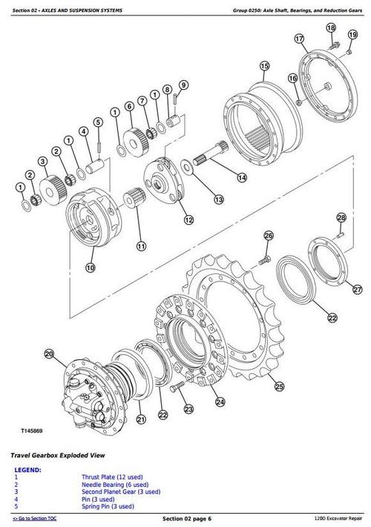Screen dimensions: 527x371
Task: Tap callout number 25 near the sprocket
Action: click(x=278, y=386)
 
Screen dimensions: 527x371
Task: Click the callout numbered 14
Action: click(x=242, y=177)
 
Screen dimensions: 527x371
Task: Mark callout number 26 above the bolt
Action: click(x=268, y=236)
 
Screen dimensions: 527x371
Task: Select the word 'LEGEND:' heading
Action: click(x=27, y=469)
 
